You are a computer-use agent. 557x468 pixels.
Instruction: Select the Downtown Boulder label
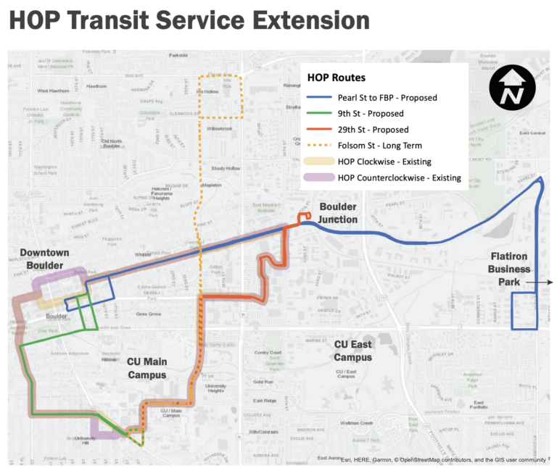[44, 259]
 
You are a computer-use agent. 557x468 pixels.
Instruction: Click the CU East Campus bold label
[352, 351]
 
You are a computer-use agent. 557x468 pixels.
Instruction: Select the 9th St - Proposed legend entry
[371, 114]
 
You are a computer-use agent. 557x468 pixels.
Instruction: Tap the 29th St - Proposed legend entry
[373, 130]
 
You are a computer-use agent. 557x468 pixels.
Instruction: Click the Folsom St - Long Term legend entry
[377, 146]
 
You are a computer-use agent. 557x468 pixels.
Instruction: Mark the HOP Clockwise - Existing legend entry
[384, 162]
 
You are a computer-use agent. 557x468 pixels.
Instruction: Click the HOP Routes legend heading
[337, 77]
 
